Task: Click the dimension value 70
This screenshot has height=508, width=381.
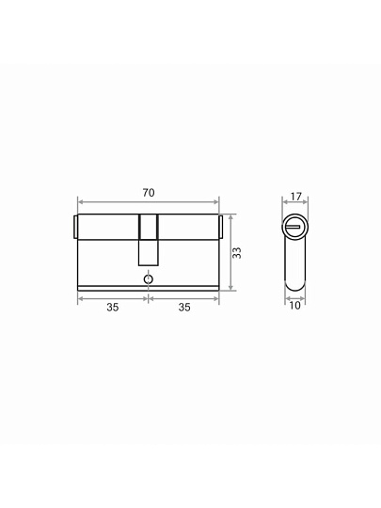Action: click(x=149, y=193)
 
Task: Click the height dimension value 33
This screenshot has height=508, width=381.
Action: click(x=237, y=253)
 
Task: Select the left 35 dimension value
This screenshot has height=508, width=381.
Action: click(x=113, y=307)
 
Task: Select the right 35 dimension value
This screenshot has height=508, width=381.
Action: click(x=184, y=307)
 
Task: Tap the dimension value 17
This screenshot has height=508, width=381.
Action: click(x=295, y=197)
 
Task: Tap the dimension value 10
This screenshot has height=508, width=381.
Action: click(x=294, y=306)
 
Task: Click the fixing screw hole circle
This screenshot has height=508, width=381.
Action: click(x=149, y=279)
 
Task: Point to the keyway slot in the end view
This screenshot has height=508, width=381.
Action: click(x=294, y=227)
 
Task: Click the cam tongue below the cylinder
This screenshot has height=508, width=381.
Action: click(x=149, y=253)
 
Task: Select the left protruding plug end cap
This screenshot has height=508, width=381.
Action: click(x=75, y=227)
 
